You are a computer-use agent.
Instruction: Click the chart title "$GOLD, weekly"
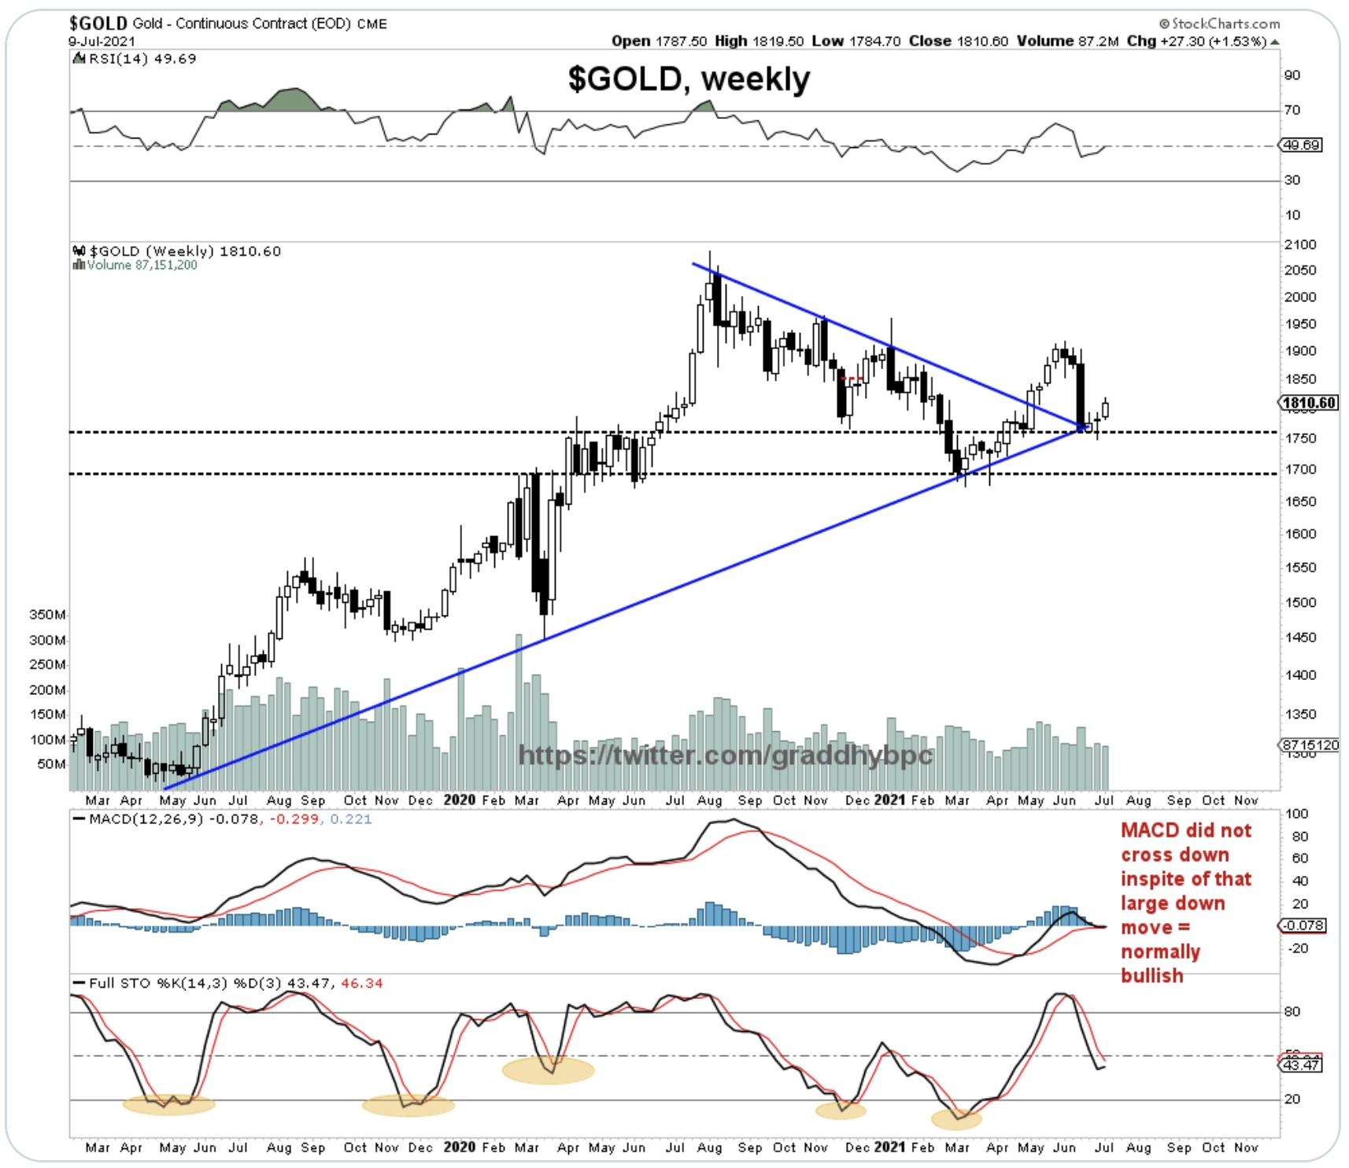[689, 79]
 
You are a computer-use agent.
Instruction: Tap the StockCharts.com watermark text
[1219, 24]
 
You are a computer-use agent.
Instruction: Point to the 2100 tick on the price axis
[1300, 245]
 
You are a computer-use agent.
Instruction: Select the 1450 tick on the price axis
[1300, 638]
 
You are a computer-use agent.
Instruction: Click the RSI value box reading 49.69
[1302, 145]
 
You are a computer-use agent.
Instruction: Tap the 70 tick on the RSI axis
[1292, 110]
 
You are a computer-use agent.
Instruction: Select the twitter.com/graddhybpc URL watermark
[725, 756]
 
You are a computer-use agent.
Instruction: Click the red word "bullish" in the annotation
[1152, 976]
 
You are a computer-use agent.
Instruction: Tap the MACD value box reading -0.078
[1303, 926]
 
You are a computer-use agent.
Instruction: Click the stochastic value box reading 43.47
[1302, 1065]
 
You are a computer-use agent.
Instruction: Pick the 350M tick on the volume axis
[47, 615]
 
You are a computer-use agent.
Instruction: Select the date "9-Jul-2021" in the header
[102, 41]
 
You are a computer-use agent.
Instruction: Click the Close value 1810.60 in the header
[982, 41]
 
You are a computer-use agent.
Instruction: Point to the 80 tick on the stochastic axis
[1292, 1012]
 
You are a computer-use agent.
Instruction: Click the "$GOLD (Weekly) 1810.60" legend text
[185, 251]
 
